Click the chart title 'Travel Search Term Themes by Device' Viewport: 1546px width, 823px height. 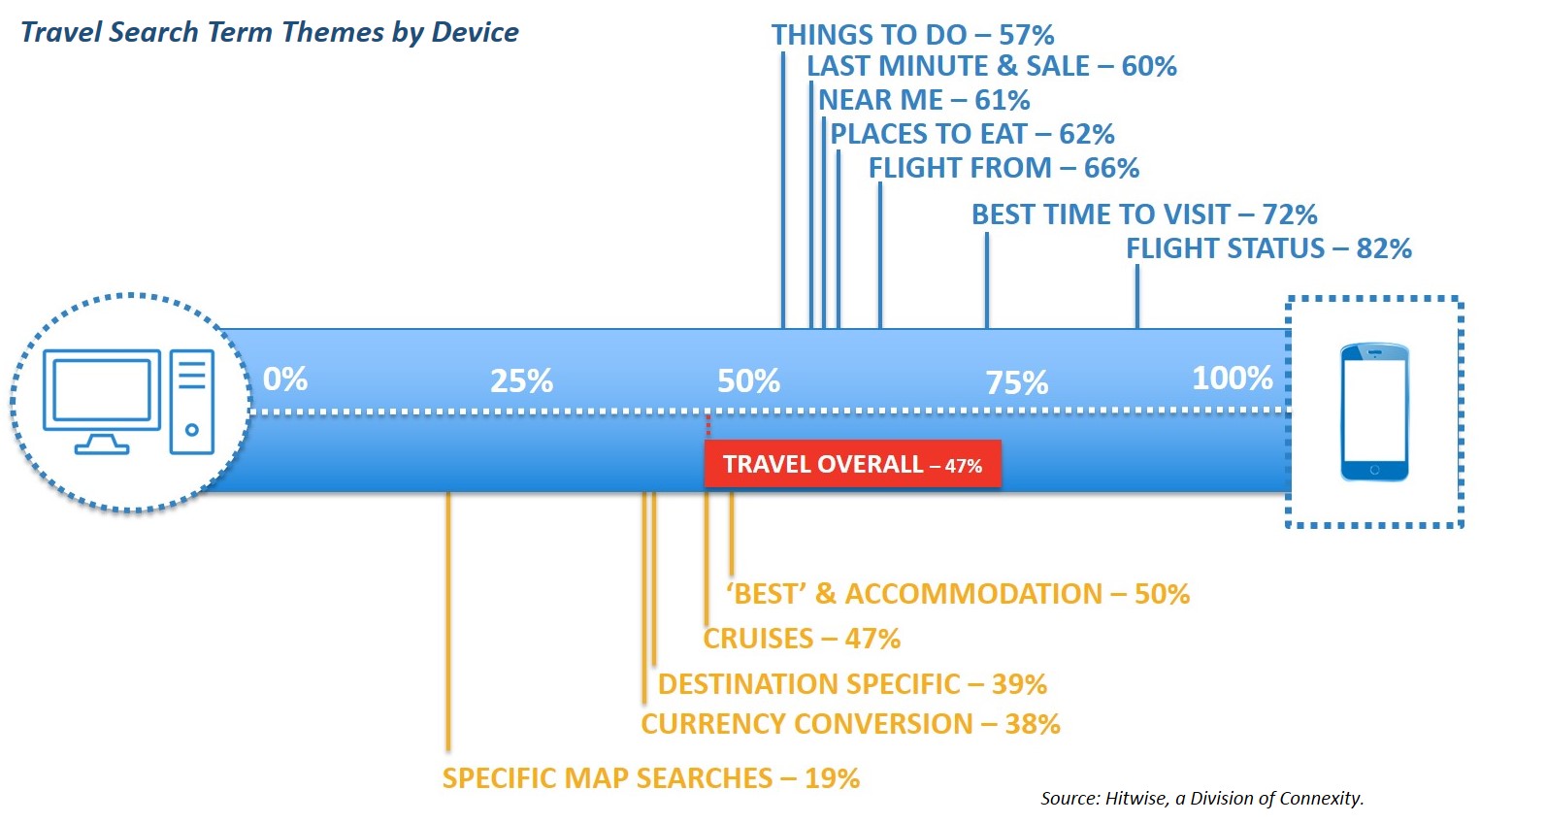(x=269, y=32)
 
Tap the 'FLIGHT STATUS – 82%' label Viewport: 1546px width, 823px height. (x=1268, y=248)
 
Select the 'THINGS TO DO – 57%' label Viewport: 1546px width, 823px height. (x=912, y=35)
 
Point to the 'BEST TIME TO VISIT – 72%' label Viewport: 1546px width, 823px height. (x=1144, y=214)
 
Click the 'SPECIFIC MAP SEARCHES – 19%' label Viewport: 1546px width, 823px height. (x=651, y=778)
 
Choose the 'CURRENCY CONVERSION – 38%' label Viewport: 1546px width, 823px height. (x=850, y=724)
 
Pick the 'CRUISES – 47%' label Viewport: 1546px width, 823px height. (x=802, y=639)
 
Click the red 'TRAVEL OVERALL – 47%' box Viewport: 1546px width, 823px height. (x=852, y=464)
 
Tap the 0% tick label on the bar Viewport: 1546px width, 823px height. (x=285, y=379)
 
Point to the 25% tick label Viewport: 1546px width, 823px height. (x=522, y=381)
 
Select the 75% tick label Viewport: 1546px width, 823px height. (x=1017, y=382)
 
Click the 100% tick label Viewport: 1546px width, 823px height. (x=1233, y=379)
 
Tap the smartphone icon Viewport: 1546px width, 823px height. (x=1374, y=411)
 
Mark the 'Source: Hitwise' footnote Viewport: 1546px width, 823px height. (x=1202, y=798)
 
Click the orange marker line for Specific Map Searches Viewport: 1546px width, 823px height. (x=448, y=621)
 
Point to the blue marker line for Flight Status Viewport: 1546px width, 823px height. (x=1137, y=297)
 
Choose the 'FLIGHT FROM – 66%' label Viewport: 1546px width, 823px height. (x=1003, y=169)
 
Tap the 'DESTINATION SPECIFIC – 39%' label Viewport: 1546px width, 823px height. (x=852, y=684)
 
